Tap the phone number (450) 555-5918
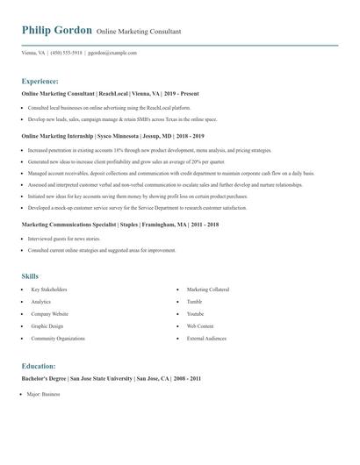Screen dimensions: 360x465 coord(68,53)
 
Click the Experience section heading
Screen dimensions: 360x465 coord(46,80)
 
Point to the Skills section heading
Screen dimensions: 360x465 coord(30,276)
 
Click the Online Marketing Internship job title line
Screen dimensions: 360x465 coord(112,136)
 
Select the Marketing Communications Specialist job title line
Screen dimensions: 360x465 coord(119,224)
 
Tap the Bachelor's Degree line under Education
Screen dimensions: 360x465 coord(112,378)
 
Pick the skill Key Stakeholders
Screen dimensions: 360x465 coord(48,289)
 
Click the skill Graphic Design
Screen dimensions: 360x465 coord(47,325)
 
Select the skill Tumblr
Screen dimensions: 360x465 coord(194,301)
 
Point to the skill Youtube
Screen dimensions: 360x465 coord(195,313)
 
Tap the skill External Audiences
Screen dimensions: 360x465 coord(207,338)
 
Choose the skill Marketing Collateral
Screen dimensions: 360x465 coord(207,289)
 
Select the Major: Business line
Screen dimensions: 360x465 coord(43,395)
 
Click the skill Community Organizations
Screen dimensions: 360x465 coord(58,338)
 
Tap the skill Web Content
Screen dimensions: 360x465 coord(200,325)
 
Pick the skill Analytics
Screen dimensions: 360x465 coord(40,301)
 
